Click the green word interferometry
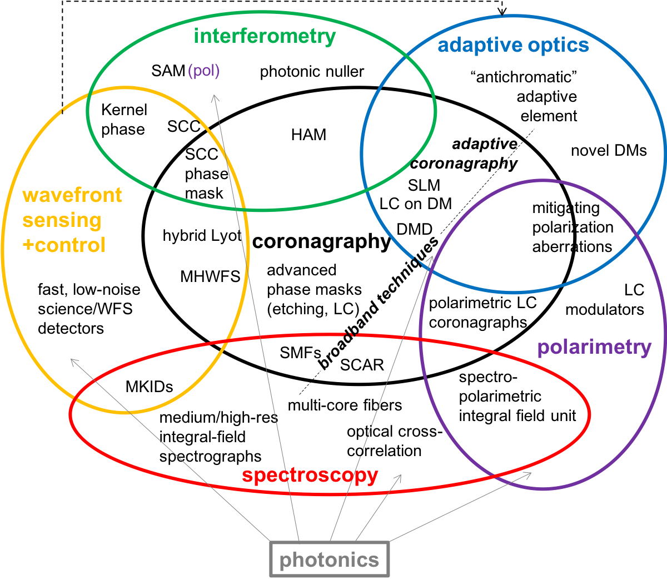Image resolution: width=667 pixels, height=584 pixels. (265, 36)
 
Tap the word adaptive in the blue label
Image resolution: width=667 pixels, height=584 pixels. (480, 45)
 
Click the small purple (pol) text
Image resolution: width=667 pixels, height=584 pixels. (204, 71)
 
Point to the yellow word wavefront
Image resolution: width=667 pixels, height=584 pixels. (72, 195)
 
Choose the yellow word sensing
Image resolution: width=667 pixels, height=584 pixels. (62, 220)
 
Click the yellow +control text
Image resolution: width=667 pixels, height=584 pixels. (64, 245)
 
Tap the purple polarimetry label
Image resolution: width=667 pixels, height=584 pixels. (594, 347)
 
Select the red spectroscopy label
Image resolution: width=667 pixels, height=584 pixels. (310, 476)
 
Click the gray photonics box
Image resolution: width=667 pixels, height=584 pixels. (330, 560)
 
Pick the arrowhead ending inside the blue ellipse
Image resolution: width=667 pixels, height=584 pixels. (431, 258)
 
